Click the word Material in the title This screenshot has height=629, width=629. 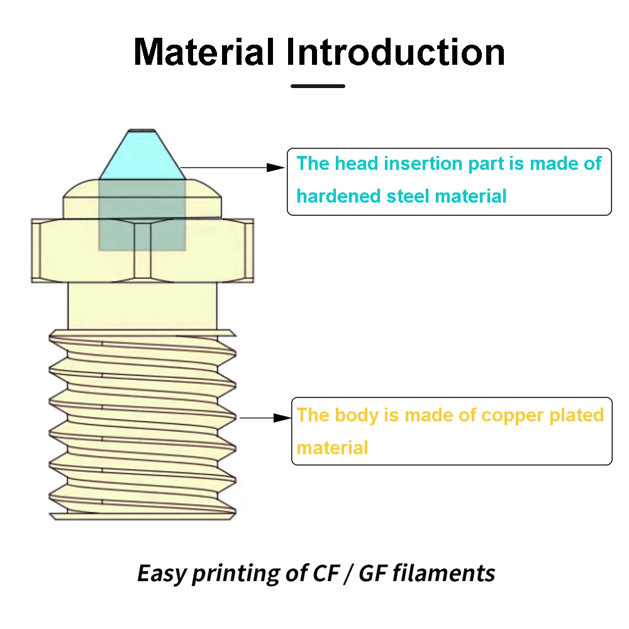(x=204, y=52)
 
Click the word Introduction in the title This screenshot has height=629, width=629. (x=396, y=52)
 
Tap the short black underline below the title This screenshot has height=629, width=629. (x=318, y=86)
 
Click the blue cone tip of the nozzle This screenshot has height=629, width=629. (x=142, y=155)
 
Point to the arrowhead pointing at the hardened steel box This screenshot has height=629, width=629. (x=276, y=167)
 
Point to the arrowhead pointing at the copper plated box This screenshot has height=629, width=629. (x=282, y=418)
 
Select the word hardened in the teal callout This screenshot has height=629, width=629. (x=338, y=196)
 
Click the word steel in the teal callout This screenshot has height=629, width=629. (x=408, y=196)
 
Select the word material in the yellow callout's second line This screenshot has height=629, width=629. (x=332, y=448)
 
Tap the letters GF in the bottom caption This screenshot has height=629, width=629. (x=372, y=573)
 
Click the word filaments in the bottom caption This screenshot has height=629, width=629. (x=443, y=573)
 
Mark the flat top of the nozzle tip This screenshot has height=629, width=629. (x=142, y=130)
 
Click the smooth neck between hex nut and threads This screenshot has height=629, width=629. (x=142, y=306)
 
